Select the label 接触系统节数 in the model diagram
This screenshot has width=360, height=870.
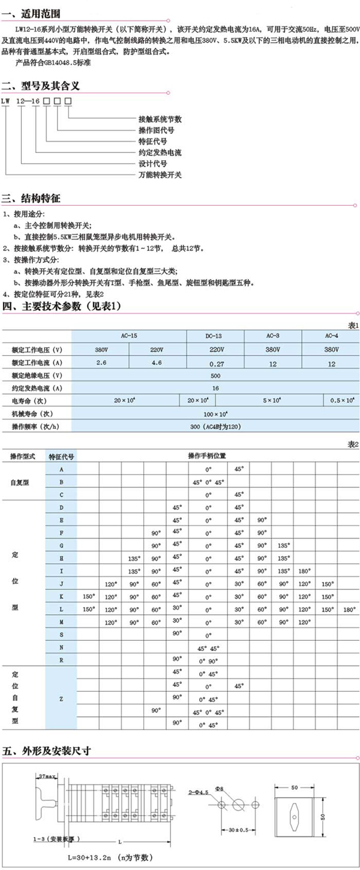[x=159, y=119]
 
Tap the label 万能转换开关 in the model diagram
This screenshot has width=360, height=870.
[x=159, y=175]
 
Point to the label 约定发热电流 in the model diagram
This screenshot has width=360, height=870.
[x=159, y=152]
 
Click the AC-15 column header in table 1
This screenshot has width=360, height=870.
[x=130, y=337]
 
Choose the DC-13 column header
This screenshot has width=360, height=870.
[x=214, y=337]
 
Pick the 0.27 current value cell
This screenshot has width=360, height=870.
[x=214, y=363]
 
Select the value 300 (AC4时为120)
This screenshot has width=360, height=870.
[x=215, y=427]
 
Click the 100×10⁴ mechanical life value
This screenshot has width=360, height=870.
[x=215, y=414]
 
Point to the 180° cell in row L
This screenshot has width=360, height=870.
[x=350, y=609]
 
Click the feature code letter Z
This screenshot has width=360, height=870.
[x=62, y=698]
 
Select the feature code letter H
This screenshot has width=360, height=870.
[x=62, y=557]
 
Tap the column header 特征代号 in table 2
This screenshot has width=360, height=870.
[x=62, y=455]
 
